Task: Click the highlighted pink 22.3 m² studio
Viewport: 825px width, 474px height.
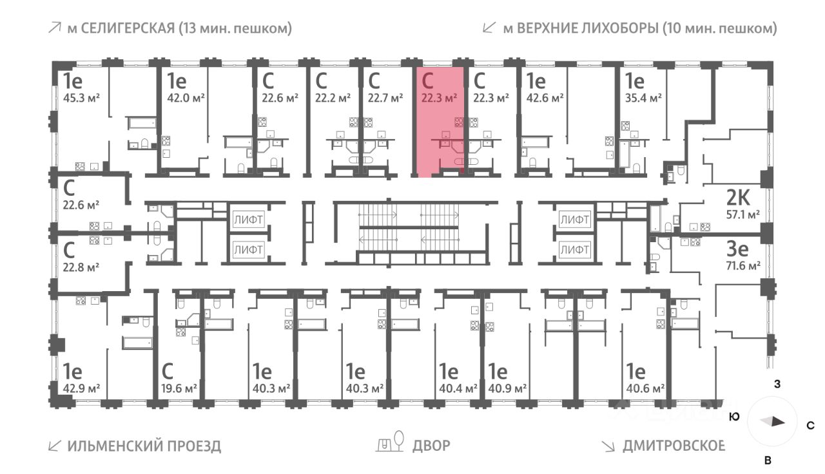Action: [x=438, y=122]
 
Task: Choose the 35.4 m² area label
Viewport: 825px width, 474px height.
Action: [x=645, y=99]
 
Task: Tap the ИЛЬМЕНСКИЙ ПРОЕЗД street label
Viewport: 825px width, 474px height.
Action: [x=144, y=446]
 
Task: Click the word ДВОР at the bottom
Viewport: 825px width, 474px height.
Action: [x=431, y=446]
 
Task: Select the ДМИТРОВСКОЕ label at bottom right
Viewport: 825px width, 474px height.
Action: [x=674, y=446]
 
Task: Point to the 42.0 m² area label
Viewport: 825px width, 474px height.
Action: [x=187, y=99]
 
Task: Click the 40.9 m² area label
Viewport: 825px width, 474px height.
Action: [x=507, y=388]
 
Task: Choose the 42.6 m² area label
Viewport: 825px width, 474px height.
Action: [x=545, y=99]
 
